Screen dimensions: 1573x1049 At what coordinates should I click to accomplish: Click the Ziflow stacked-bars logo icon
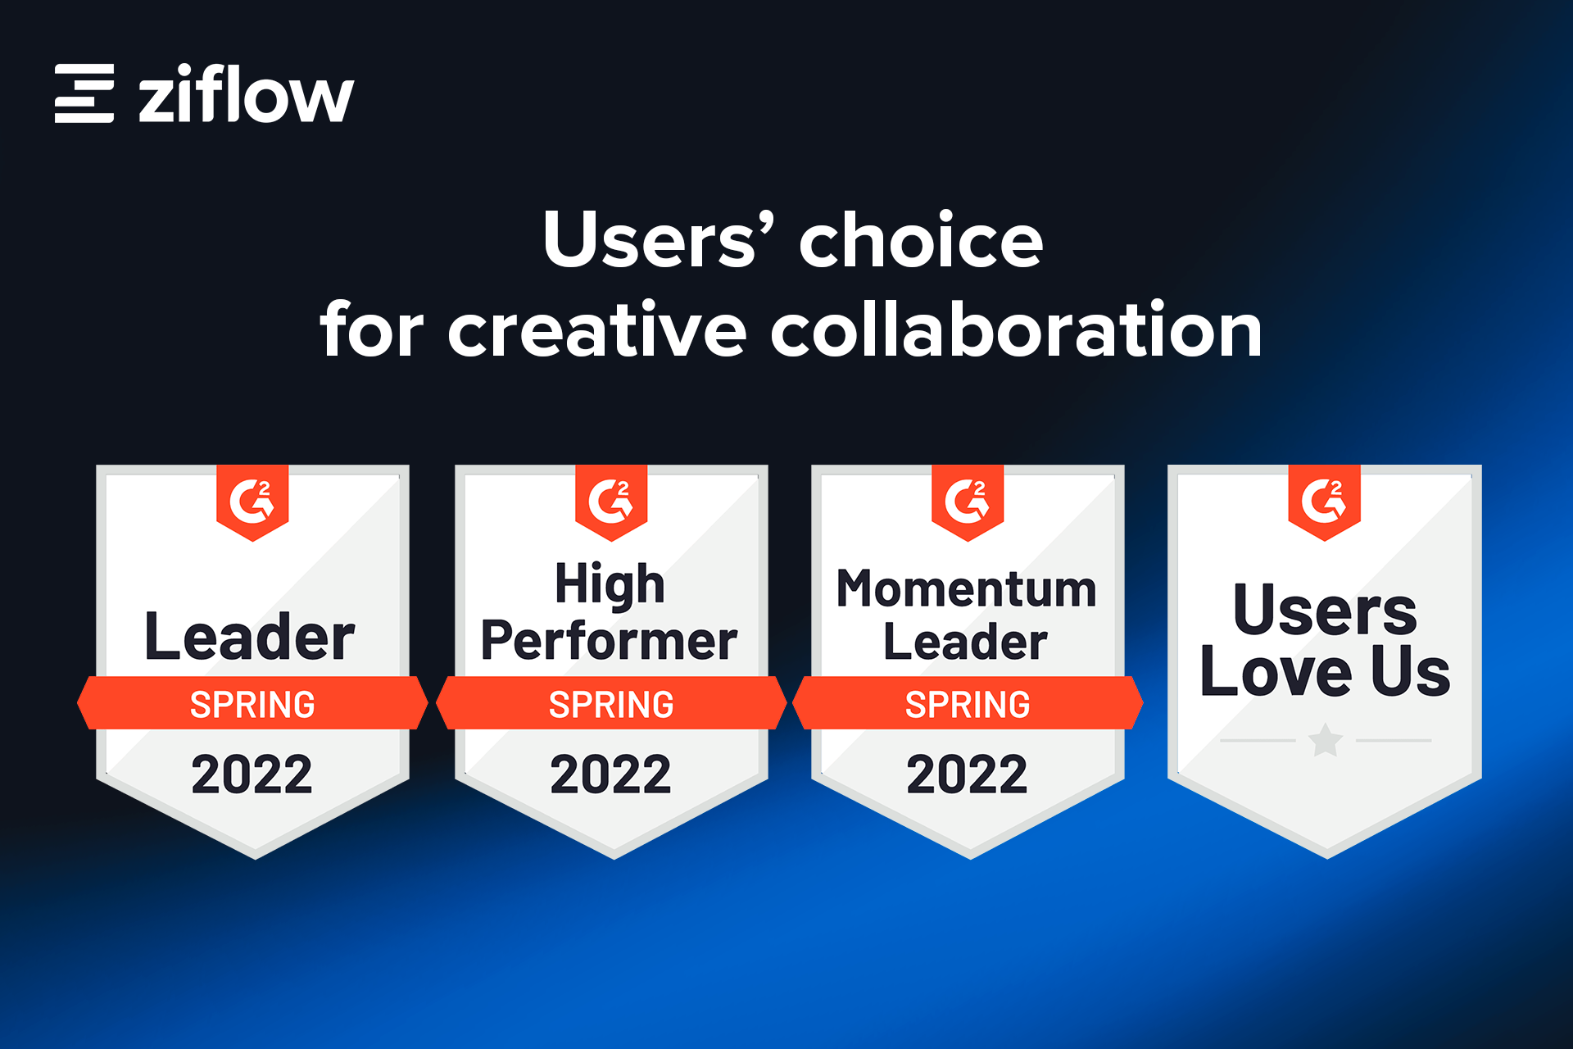pos(84,93)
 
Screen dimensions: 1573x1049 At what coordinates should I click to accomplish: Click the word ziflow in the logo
pos(246,93)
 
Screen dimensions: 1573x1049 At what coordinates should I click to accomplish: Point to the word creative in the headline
pos(597,329)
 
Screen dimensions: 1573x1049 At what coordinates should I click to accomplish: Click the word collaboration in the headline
pos(1017,329)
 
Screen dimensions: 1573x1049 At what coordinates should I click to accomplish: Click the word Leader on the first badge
pos(250,637)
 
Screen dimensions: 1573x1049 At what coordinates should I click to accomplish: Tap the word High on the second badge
pos(610,585)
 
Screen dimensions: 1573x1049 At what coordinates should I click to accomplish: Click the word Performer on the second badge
pos(610,640)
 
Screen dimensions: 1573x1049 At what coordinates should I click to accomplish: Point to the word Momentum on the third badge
pos(967,588)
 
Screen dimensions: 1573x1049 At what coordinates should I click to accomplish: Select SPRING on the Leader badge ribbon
pos(252,705)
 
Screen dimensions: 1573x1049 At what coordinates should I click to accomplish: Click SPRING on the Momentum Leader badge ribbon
pos(968,705)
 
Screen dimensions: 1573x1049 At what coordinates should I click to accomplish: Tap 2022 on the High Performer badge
pos(611,774)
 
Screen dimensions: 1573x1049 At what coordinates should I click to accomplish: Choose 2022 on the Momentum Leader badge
pos(968,774)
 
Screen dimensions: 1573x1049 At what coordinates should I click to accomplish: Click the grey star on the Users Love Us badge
pos(1326,741)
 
